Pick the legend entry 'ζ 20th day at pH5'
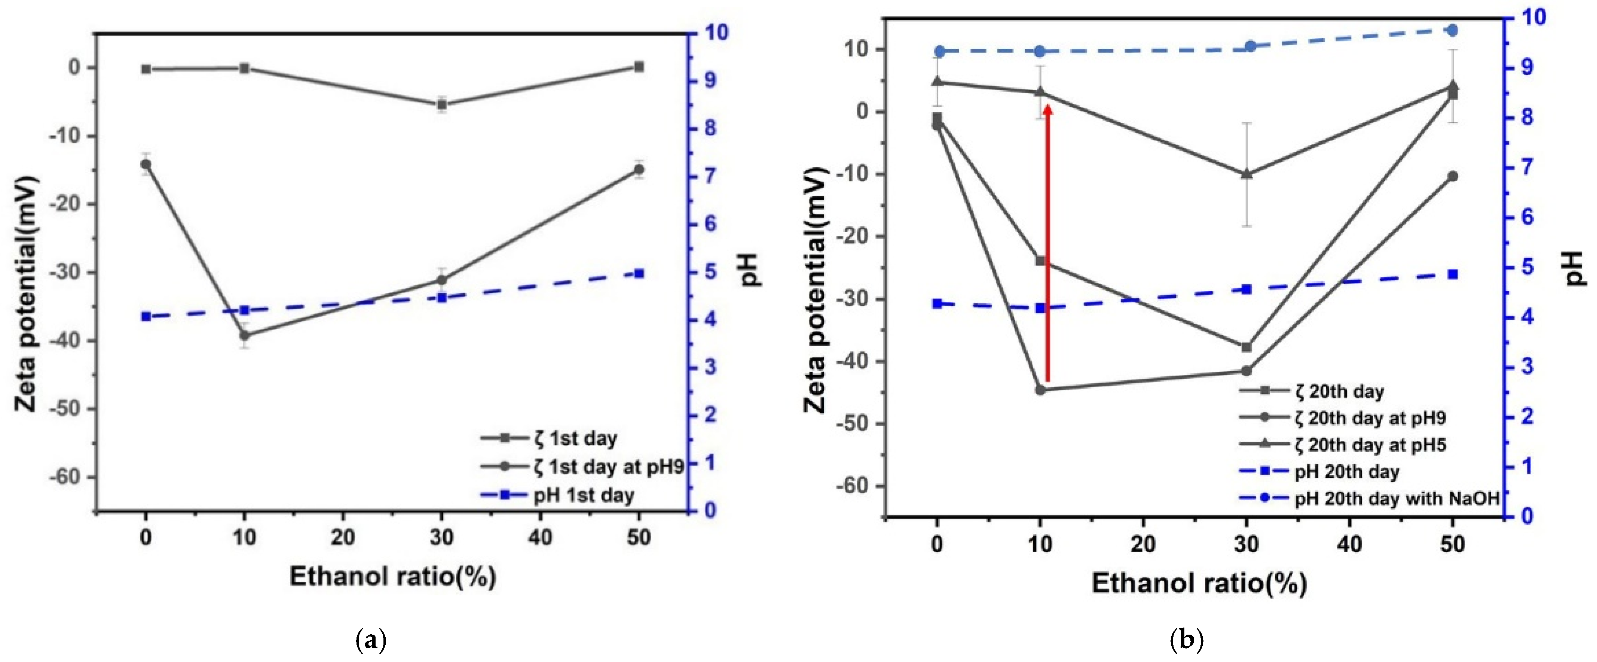(1370, 445)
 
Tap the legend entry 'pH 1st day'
(583, 495)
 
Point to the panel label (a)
(372, 639)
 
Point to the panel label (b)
(1186, 639)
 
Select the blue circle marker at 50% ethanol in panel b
(1452, 30)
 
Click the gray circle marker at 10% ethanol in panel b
(1040, 390)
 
